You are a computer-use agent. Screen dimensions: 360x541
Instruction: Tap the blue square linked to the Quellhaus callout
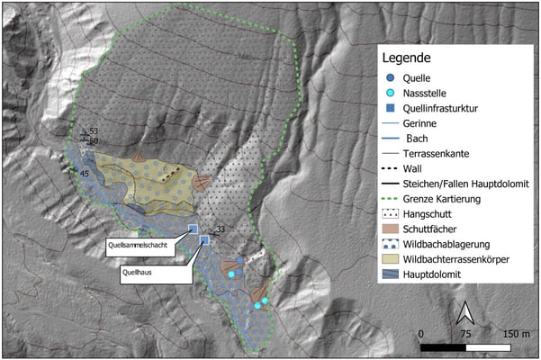[204, 240]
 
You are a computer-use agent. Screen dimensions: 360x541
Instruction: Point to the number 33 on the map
[220, 229]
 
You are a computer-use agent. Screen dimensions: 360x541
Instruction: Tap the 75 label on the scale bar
[465, 333]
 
